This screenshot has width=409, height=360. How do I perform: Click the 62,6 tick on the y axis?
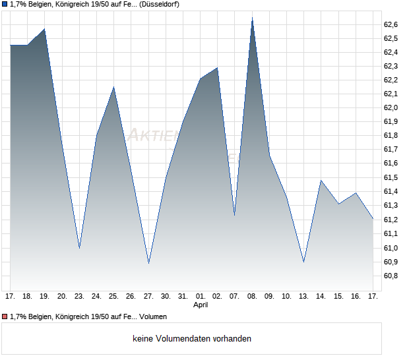coord(391,24)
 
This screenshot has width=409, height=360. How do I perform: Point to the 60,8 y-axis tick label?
coord(391,276)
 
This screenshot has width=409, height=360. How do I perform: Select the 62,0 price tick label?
coord(391,108)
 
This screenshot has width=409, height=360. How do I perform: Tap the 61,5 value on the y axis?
coord(391,178)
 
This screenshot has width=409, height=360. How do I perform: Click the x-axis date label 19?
coord(45,297)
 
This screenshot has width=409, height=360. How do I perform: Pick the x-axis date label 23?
coord(79,297)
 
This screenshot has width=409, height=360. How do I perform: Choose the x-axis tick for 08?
coord(252,297)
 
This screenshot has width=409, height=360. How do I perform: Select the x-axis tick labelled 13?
coord(303,297)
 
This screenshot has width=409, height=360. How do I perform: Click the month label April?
coord(201,305)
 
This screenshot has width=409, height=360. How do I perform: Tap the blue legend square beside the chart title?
coord(5,4)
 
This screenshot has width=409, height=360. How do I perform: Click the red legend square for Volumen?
coord(5,317)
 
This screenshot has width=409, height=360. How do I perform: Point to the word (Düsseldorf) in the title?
coord(159,4)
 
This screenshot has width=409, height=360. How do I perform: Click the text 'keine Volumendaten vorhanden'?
coord(191,339)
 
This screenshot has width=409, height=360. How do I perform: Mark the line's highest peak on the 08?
coord(252,18)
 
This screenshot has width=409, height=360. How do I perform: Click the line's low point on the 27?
coord(148,263)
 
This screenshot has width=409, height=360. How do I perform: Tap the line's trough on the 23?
coord(79,248)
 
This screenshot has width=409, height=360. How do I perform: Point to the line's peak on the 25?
coord(113,87)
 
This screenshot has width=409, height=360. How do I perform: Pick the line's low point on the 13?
coord(303,262)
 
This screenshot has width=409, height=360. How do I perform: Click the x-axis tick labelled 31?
coord(183,297)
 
